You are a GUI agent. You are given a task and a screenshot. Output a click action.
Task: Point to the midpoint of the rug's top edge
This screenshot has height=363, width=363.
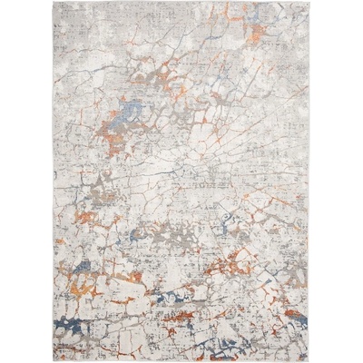pyautogui.click(x=181, y=3)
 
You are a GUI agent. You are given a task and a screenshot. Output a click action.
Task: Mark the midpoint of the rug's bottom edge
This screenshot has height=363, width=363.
pyautogui.click(x=181, y=359)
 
